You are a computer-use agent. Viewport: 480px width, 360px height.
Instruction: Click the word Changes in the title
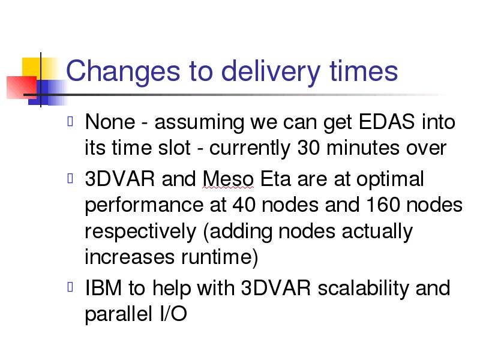click(x=123, y=71)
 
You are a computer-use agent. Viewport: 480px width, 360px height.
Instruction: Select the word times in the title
click(x=364, y=71)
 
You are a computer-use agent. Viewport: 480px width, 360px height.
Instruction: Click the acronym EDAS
click(x=386, y=122)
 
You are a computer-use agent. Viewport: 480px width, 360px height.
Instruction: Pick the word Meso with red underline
click(x=228, y=179)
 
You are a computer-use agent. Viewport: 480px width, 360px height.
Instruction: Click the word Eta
click(x=275, y=178)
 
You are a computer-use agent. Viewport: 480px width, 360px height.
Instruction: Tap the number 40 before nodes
click(x=244, y=205)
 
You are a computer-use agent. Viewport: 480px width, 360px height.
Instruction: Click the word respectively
click(x=140, y=232)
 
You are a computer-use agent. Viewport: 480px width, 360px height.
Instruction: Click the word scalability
click(x=363, y=289)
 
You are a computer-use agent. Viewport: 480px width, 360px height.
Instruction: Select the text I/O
click(x=173, y=314)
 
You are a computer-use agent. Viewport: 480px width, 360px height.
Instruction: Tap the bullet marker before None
click(x=70, y=121)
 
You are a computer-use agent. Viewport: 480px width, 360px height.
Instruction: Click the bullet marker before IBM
click(x=70, y=287)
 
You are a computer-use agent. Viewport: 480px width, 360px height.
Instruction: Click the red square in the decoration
click(x=22, y=87)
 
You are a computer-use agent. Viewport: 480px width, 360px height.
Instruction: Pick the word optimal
click(x=391, y=179)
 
